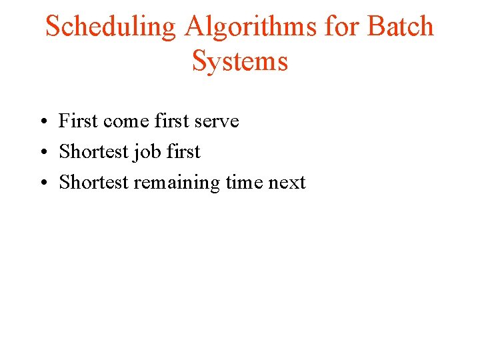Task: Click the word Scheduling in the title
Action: pyautogui.click(x=111, y=27)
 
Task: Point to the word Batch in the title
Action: pyautogui.click(x=401, y=27)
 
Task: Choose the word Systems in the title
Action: pyautogui.click(x=239, y=61)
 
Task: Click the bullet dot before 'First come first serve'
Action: pyautogui.click(x=41, y=122)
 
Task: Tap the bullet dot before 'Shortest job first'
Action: pyautogui.click(x=41, y=153)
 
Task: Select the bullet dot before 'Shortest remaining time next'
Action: pyautogui.click(x=41, y=183)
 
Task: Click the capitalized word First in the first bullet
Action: pyautogui.click(x=78, y=121)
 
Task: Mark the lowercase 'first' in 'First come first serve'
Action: pyautogui.click(x=171, y=121)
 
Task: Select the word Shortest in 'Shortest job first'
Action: pyautogui.click(x=93, y=151)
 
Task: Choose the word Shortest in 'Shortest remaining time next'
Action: pyautogui.click(x=93, y=182)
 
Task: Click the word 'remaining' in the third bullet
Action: pyautogui.click(x=176, y=183)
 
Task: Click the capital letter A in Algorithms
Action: pyautogui.click(x=195, y=27)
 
